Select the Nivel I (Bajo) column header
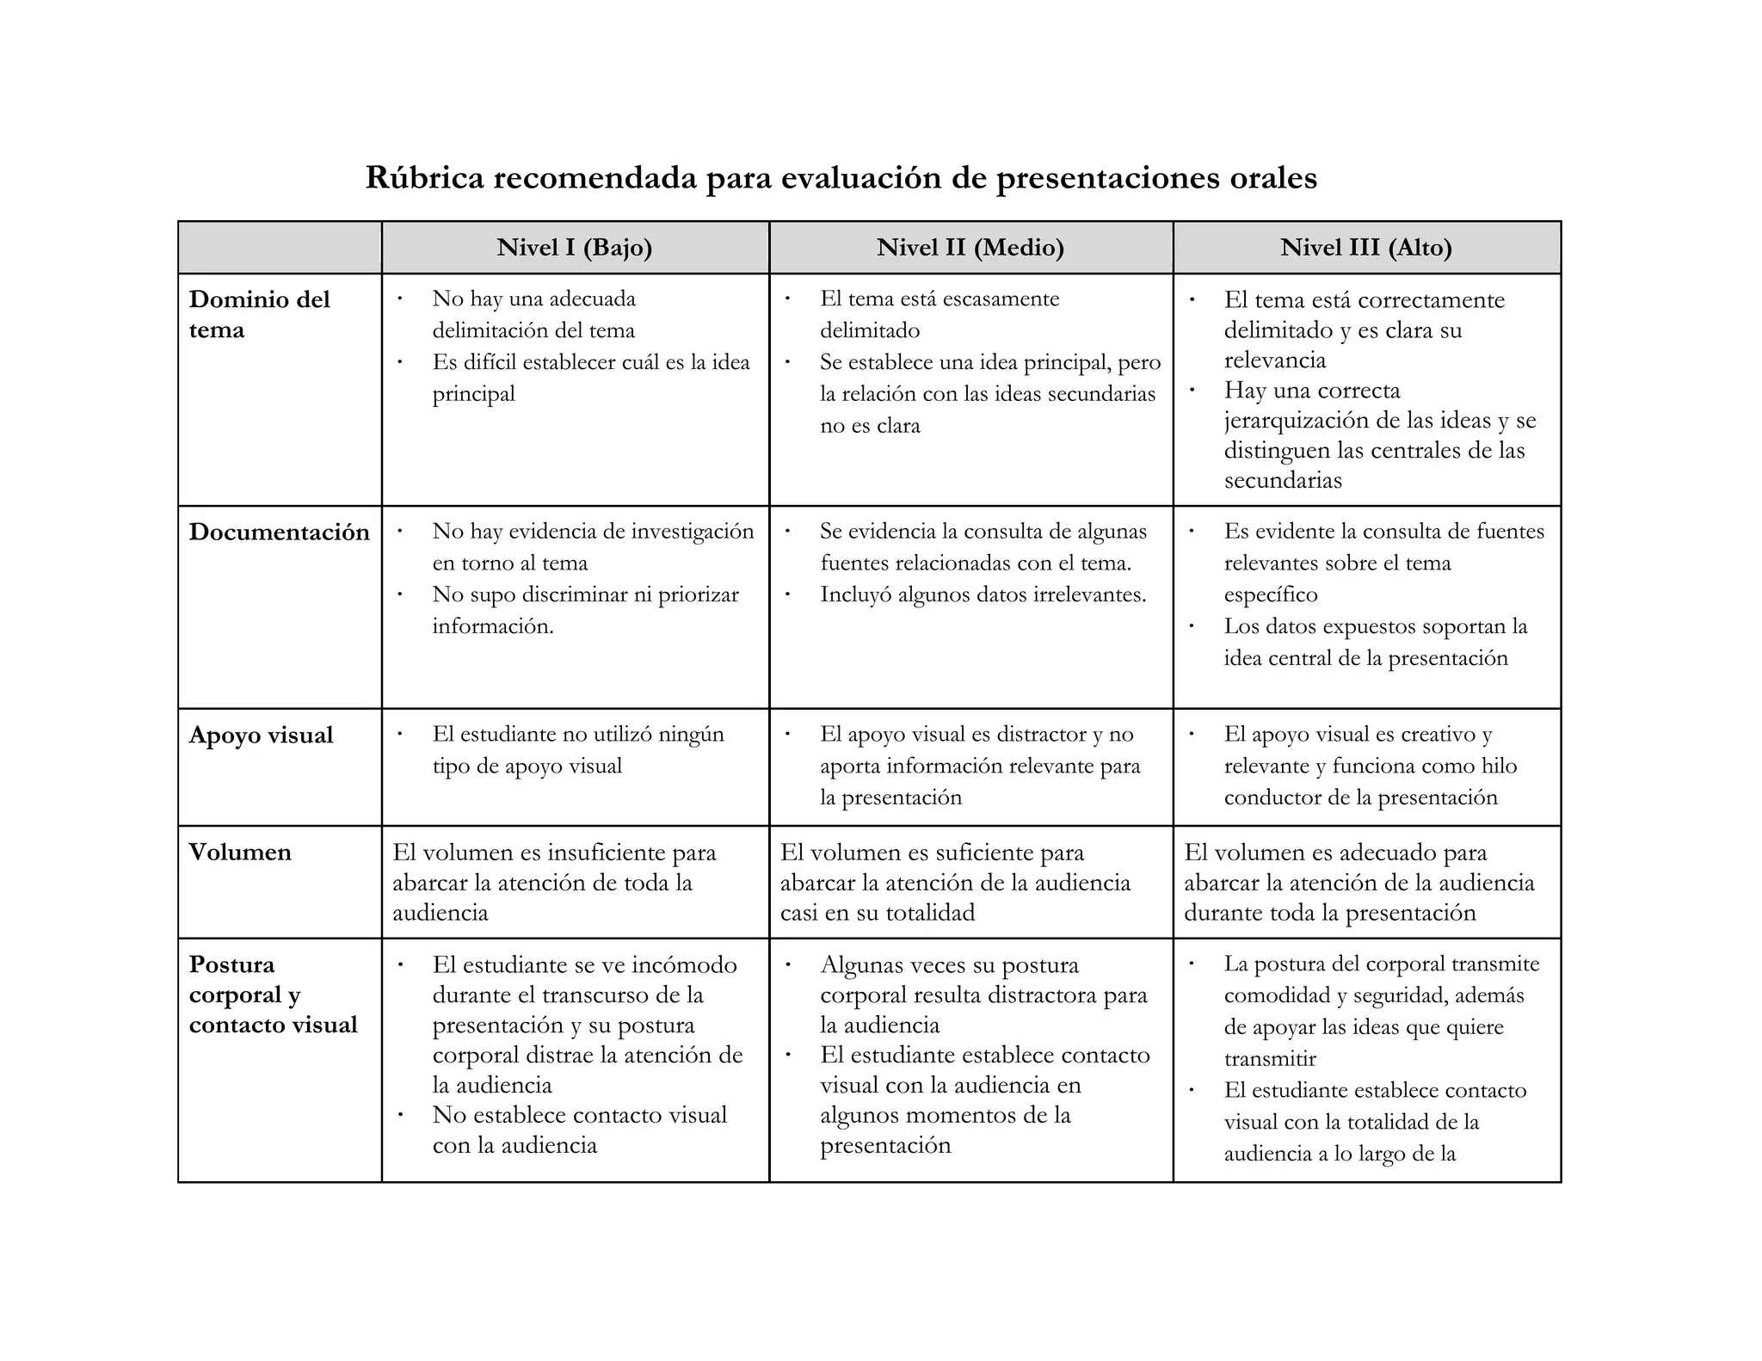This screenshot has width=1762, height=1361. (x=575, y=248)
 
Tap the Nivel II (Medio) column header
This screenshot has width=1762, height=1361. (x=970, y=248)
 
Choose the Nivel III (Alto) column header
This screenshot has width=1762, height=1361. (x=1366, y=248)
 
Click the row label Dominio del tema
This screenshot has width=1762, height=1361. (x=259, y=315)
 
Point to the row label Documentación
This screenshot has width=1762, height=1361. (x=279, y=533)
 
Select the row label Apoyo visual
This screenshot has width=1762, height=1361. (x=261, y=736)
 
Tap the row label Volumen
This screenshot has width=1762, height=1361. (x=240, y=853)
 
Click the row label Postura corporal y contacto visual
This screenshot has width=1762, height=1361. (x=273, y=995)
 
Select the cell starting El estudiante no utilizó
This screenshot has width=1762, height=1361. (x=575, y=750)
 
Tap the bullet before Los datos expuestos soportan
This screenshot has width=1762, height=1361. (x=1192, y=626)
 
